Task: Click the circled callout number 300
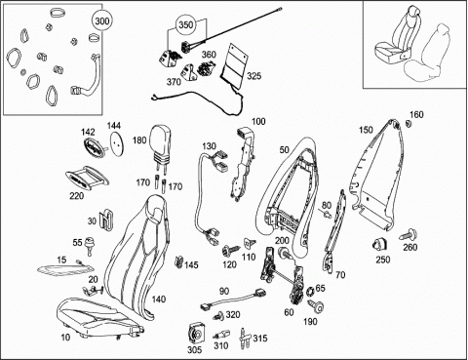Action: click(102, 21)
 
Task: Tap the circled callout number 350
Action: click(186, 25)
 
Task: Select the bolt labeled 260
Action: click(405, 235)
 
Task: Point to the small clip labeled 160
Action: click(409, 124)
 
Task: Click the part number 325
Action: click(253, 76)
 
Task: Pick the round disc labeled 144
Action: click(117, 143)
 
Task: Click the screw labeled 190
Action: click(316, 305)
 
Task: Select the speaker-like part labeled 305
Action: click(197, 334)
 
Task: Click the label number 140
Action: click(159, 300)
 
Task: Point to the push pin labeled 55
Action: click(88, 246)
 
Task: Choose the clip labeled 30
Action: click(105, 219)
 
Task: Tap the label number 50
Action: click(284, 150)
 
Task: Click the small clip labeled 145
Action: click(178, 261)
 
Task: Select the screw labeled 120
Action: click(229, 251)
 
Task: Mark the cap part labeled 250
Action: click(379, 244)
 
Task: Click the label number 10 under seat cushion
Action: click(65, 338)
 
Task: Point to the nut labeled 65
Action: click(310, 290)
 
